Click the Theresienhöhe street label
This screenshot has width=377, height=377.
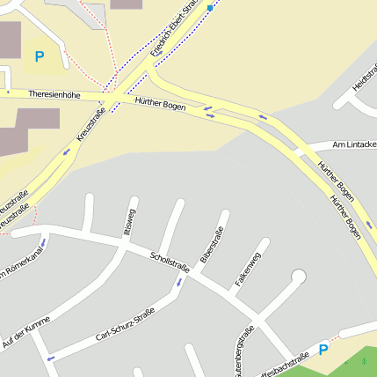point(54,92)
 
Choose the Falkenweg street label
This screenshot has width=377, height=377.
point(247,270)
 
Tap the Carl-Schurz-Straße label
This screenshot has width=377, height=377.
point(125,329)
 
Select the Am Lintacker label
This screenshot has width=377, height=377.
point(354,144)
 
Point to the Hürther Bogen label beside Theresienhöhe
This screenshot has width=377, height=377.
point(161,105)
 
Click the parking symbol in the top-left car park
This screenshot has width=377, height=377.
point(39,56)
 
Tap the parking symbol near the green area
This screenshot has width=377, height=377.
point(323,350)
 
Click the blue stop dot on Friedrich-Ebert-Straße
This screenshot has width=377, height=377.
point(210,8)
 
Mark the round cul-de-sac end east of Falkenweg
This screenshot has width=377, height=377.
point(298,277)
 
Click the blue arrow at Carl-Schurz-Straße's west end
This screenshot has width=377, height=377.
point(51,358)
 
